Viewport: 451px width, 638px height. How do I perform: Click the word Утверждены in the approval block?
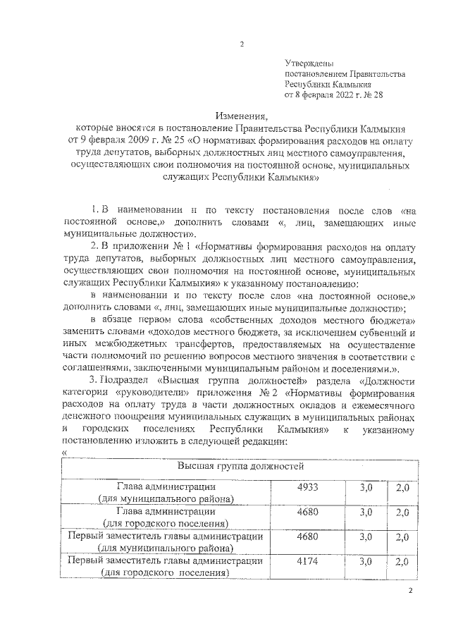(x=309, y=63)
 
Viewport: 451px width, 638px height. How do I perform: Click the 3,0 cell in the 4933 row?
(x=365, y=489)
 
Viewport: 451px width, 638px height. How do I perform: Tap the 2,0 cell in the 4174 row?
(x=402, y=562)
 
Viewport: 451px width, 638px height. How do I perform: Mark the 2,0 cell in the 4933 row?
(x=402, y=489)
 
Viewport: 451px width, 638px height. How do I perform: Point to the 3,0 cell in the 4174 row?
(x=365, y=562)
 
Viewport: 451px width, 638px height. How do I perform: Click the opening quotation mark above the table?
(x=64, y=453)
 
